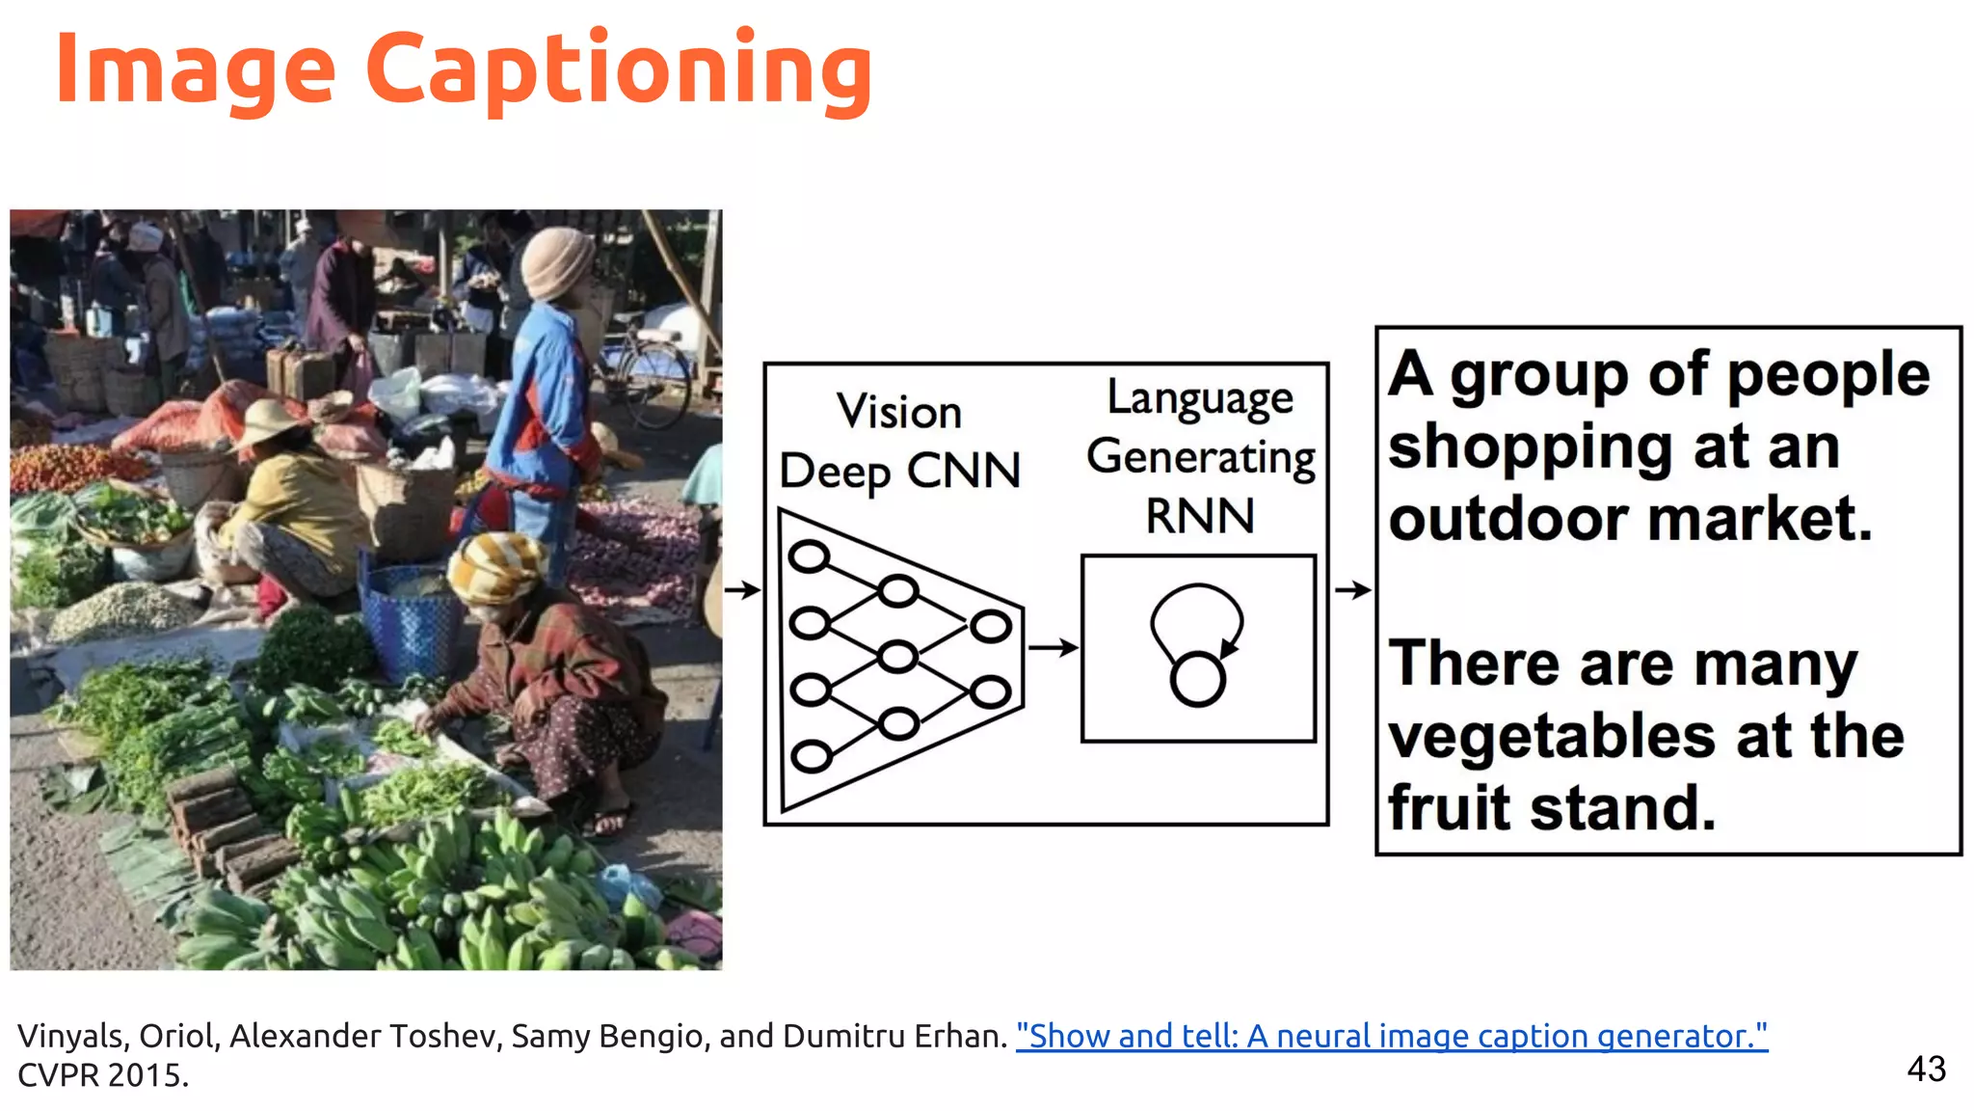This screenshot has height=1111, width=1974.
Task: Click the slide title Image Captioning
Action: coord(463,69)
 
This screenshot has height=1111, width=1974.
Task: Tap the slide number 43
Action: coord(1926,1069)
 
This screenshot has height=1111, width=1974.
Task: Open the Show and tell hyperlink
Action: coord(1391,1036)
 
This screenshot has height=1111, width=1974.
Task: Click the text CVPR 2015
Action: coord(103,1075)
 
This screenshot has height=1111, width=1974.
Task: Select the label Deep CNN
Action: coord(899,471)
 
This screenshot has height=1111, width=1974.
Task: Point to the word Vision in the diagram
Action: coord(899,412)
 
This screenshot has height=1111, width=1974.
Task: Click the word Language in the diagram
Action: coord(1200,398)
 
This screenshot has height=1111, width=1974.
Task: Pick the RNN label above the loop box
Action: coord(1200,516)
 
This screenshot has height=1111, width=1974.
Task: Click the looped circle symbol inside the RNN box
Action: coord(1197,646)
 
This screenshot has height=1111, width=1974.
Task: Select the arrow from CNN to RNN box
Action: coord(1053,647)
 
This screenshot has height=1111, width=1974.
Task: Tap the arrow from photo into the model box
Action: coord(742,589)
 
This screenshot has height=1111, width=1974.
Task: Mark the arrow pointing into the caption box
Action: coord(1352,589)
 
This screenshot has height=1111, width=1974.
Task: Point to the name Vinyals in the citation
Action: coord(71,1036)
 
